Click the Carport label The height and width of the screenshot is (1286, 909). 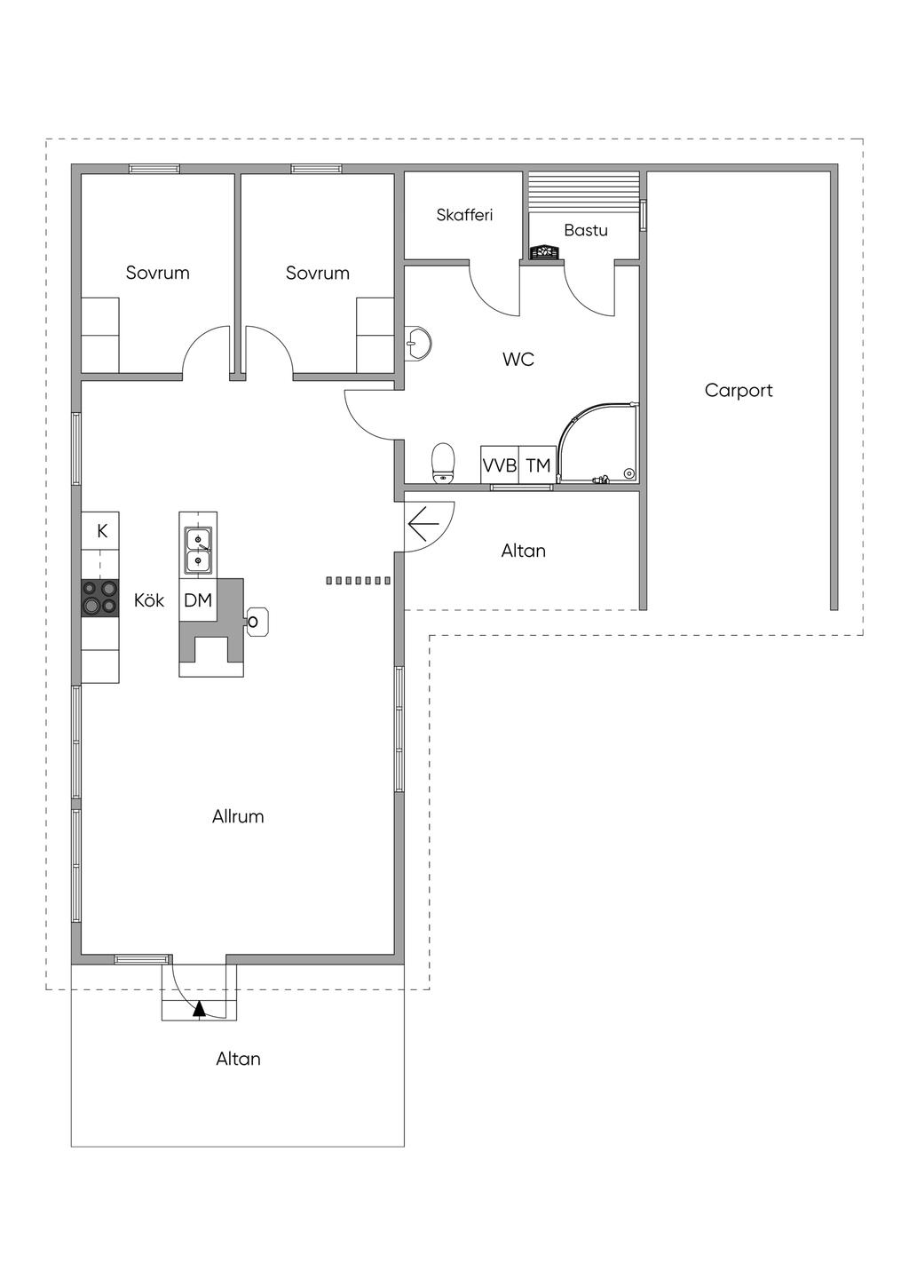[x=738, y=391]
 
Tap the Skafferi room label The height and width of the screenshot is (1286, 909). [x=464, y=215]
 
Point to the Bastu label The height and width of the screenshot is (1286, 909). [x=585, y=230]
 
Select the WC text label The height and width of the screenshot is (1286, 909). [x=518, y=360]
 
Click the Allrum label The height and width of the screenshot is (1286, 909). [x=238, y=816]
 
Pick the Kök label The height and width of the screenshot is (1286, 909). [x=149, y=600]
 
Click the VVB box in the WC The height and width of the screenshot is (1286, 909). [x=500, y=465]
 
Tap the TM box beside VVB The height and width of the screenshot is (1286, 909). [x=538, y=465]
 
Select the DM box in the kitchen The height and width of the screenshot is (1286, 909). [x=198, y=600]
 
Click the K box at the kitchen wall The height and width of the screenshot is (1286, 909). [x=100, y=531]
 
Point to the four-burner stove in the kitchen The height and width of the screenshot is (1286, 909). [x=100, y=598]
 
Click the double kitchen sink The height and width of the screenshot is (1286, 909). [x=198, y=550]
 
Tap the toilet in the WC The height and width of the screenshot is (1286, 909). [x=442, y=463]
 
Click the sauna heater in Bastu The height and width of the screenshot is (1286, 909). [x=543, y=252]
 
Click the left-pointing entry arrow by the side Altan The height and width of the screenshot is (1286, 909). [x=423, y=524]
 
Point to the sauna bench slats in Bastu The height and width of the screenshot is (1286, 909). [x=583, y=193]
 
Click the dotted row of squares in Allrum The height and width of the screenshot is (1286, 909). [x=358, y=581]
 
